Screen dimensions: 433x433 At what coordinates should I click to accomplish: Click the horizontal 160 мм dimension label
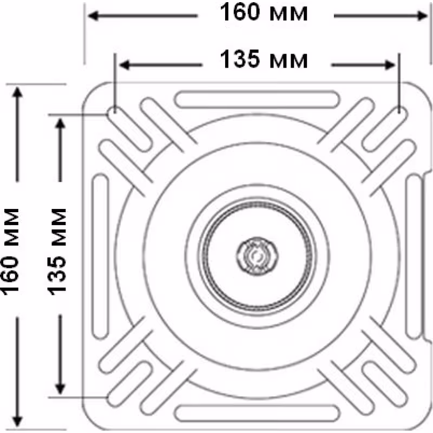(264, 12)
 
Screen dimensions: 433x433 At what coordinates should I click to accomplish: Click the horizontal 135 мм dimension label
(264, 59)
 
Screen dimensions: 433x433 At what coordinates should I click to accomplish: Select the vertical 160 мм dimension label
(10, 252)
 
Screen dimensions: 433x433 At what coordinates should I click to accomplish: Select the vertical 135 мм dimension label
(57, 252)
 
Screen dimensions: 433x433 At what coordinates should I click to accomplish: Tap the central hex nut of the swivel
(258, 256)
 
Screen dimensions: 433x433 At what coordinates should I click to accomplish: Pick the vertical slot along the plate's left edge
(100, 256)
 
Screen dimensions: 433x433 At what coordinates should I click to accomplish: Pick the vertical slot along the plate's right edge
(414, 256)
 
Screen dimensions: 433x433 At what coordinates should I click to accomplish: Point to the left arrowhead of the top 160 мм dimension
(93, 16)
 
